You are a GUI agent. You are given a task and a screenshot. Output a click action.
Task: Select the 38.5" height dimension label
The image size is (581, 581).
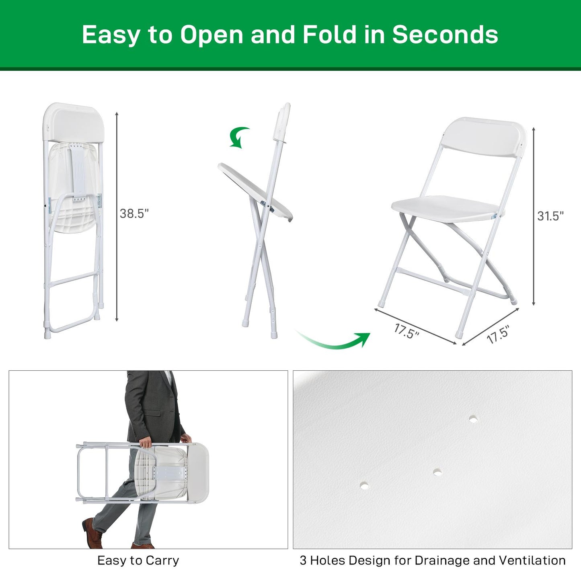tap(134, 214)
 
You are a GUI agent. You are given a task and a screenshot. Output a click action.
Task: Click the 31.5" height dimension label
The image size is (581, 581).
tap(550, 216)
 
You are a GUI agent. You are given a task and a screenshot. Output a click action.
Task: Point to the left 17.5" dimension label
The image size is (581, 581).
tap(406, 331)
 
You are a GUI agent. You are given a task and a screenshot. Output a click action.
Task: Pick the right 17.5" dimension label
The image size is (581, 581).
tap(498, 335)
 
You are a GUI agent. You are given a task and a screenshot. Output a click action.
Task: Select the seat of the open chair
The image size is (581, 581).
tap(446, 209)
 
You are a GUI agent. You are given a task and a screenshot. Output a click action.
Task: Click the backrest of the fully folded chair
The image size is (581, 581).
tap(74, 123)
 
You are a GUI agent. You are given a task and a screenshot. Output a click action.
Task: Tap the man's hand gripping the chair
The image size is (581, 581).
tap(146, 443)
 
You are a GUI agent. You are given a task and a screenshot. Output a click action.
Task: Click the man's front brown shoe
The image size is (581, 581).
tap(92, 533)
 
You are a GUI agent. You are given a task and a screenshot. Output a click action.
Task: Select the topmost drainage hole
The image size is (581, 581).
tap(474, 419)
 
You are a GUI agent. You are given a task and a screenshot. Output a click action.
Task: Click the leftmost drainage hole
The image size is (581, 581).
tap(364, 485)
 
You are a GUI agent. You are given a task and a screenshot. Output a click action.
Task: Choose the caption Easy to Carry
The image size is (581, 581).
tap(138, 560)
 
